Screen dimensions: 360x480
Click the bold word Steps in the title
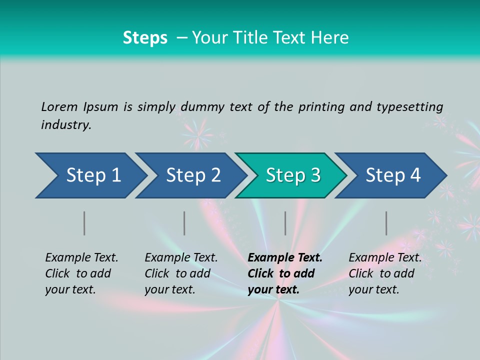(x=145, y=38)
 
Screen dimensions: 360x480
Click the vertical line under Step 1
(x=84, y=223)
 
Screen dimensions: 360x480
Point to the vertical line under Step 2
(x=184, y=223)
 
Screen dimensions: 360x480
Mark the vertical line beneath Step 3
(x=285, y=223)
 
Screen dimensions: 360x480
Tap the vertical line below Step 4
(x=386, y=223)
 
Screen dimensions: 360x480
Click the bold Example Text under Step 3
(x=285, y=258)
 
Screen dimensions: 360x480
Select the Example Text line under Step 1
(x=81, y=258)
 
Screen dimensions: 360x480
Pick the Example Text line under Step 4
(x=385, y=258)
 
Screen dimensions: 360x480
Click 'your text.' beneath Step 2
(x=169, y=289)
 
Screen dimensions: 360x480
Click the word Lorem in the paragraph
(x=59, y=106)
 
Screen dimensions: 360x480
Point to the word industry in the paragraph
(x=66, y=125)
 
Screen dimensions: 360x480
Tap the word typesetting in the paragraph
(x=409, y=106)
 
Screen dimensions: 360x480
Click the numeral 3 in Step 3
(x=315, y=175)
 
